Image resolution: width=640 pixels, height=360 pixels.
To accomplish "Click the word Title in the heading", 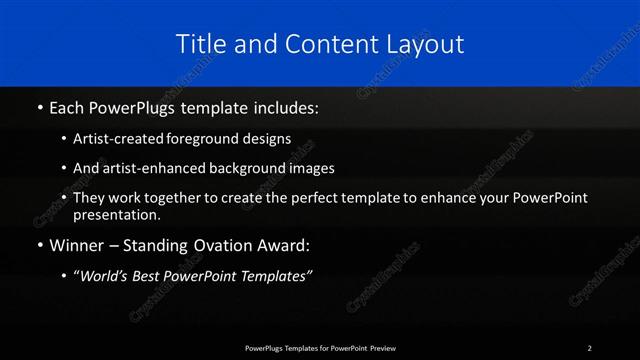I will (200, 44).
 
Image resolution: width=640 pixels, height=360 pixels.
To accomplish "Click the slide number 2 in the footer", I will (590, 347).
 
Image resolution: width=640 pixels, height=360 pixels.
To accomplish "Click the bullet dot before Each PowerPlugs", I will (39, 105).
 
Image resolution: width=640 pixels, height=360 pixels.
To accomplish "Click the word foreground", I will (210, 140).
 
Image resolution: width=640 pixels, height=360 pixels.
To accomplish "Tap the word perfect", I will (313, 197).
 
